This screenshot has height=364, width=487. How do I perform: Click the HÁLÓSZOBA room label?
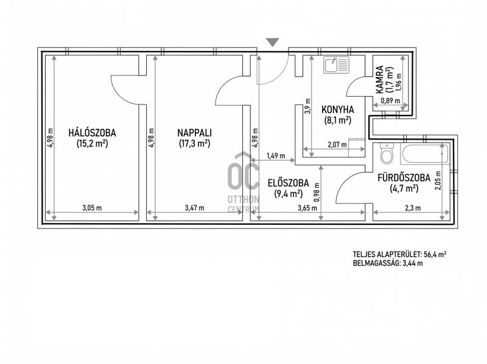(93, 133)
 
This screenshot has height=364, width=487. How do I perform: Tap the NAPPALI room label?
(194, 133)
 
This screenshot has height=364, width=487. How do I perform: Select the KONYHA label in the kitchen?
(338, 110)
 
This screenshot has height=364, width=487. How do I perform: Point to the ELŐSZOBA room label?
(288, 183)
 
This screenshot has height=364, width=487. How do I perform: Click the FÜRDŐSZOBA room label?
(404, 177)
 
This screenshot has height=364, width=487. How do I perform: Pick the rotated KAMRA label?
(379, 80)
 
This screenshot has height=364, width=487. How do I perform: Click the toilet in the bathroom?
(387, 154)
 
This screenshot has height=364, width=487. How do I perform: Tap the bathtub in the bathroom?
(424, 154)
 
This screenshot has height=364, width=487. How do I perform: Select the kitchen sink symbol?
(336, 65)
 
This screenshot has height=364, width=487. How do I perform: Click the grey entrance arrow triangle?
(273, 43)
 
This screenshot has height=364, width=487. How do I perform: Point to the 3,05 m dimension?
(92, 208)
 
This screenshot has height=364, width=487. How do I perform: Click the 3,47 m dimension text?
(194, 208)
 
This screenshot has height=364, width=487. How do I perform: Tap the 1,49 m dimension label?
(276, 156)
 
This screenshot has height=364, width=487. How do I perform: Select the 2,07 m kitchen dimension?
(337, 145)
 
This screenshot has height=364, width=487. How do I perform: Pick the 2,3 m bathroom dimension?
(415, 208)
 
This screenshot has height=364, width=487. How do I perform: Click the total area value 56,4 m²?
(435, 255)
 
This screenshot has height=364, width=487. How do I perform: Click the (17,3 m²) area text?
(194, 143)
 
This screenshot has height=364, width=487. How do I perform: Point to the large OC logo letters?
(243, 176)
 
